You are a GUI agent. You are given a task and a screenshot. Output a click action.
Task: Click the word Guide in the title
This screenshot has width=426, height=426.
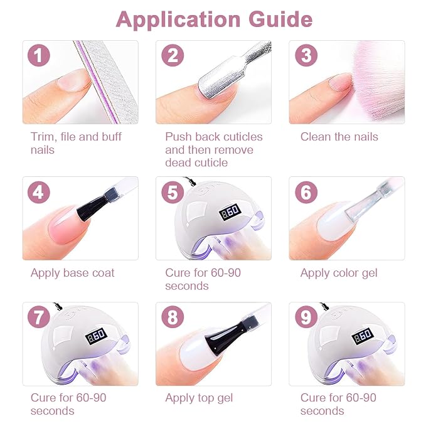click(280, 19)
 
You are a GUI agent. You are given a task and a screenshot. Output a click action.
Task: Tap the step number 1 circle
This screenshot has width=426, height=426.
click(38, 55)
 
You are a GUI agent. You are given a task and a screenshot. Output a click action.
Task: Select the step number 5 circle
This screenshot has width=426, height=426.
click(173, 193)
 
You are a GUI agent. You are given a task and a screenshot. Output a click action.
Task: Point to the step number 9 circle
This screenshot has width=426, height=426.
click(306, 317)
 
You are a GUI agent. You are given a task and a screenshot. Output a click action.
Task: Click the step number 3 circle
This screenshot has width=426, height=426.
click(306, 55)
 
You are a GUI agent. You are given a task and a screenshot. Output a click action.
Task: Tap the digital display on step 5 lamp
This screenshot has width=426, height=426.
click(230, 211)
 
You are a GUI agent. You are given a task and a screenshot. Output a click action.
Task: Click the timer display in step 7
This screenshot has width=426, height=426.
click(96, 337)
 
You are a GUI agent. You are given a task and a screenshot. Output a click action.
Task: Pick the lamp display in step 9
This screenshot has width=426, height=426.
click(363, 337)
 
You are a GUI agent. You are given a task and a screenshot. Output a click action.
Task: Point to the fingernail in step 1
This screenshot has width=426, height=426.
click(73, 79)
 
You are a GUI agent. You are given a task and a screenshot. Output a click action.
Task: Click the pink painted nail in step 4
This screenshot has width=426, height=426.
click(66, 225)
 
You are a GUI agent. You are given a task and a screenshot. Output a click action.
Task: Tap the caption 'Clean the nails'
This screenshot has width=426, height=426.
click(339, 137)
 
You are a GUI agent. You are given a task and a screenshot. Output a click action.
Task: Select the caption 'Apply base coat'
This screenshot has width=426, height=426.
click(72, 273)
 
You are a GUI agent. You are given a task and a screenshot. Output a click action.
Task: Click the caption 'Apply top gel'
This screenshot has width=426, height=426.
click(199, 398)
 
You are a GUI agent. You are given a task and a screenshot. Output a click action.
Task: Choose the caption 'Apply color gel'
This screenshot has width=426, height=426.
click(339, 273)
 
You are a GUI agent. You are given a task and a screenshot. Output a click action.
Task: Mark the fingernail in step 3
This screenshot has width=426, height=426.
click(340, 82)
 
